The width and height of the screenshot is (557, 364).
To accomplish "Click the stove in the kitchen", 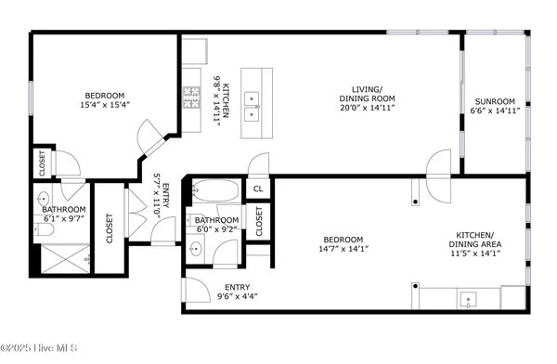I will (x=193, y=96).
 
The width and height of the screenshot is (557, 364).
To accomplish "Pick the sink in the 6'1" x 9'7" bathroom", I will (x=43, y=200).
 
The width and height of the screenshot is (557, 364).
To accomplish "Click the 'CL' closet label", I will (x=259, y=188).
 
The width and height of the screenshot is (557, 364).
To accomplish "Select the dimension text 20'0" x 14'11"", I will (x=367, y=108).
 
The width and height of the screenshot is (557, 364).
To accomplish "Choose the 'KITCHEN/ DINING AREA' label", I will (x=481, y=240).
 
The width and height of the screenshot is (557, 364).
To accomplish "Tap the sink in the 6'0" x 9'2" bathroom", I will (x=197, y=250).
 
